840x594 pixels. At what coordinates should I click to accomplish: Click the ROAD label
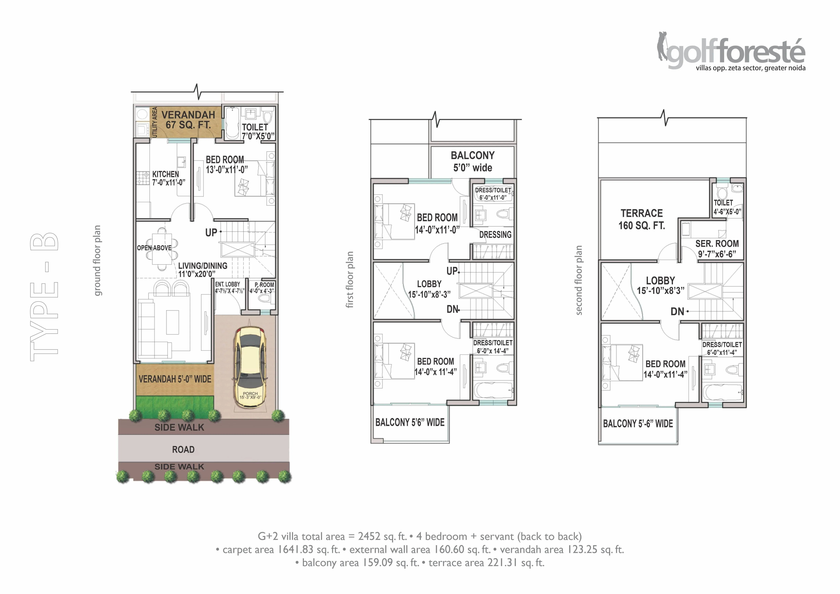coord(183,449)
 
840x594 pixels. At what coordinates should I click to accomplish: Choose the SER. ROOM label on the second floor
coord(717,244)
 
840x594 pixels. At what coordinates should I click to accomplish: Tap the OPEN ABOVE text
coord(154,248)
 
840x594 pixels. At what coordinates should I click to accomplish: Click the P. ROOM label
coord(264,285)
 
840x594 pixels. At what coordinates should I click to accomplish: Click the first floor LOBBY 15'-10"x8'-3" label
coord(429,289)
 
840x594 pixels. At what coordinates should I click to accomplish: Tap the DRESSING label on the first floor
coord(495,235)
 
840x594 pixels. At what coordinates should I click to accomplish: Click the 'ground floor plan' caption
coord(97,261)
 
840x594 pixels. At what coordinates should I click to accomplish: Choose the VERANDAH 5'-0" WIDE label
coord(175,379)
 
